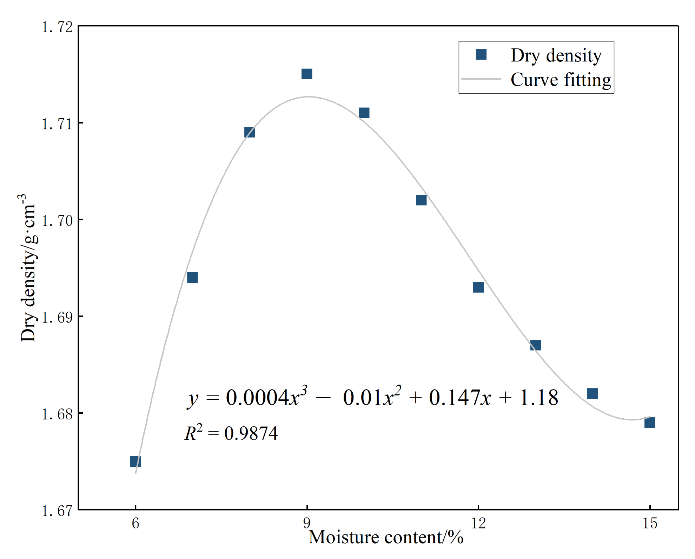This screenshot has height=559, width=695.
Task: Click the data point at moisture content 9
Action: (x=307, y=74)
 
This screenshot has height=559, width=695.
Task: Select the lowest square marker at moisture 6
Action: (x=135, y=461)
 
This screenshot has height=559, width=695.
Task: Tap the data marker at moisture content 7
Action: (x=192, y=278)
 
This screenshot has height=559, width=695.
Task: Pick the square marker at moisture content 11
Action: (x=421, y=200)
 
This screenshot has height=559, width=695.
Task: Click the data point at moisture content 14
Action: (x=593, y=393)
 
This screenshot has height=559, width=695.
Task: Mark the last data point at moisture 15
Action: (x=650, y=422)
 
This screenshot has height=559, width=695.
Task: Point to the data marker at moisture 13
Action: (x=536, y=345)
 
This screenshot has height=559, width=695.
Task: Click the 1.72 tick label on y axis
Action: (x=57, y=27)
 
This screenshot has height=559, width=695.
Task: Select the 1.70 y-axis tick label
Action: (x=57, y=221)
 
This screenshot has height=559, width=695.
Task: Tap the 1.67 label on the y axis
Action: (x=57, y=511)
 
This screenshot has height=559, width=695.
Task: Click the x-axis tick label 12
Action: (x=478, y=523)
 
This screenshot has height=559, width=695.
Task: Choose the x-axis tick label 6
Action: (x=135, y=523)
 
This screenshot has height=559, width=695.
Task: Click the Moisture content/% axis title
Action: (x=386, y=537)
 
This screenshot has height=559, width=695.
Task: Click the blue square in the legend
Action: (x=481, y=54)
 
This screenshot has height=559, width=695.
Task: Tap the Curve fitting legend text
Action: (x=561, y=80)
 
